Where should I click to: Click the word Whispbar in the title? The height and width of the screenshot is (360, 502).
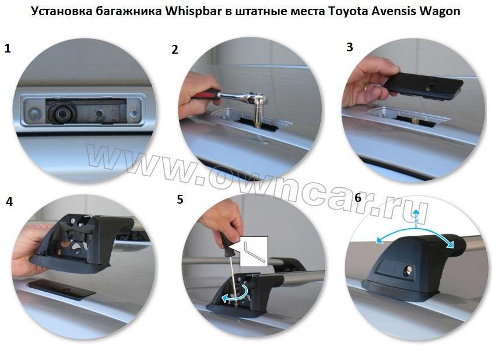coord(194,11)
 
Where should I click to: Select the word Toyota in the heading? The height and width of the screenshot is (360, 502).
coord(347,11)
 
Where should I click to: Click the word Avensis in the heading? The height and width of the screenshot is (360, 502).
coord(394,11)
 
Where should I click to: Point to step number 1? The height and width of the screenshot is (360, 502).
coord(8,48)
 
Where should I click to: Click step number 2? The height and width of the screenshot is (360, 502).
coord(174,50)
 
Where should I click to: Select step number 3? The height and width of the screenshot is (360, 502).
coord(350,47)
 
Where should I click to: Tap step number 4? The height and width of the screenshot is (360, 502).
coord(9,202)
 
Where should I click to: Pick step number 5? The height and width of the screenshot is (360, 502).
coord(180,199)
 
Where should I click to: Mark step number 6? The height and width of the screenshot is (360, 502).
coord(358,198)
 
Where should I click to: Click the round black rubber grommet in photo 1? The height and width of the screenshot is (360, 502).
coord(62,113)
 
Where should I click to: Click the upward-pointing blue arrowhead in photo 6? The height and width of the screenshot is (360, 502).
coord(416,212)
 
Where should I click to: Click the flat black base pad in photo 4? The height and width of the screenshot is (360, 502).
coord(61,289)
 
